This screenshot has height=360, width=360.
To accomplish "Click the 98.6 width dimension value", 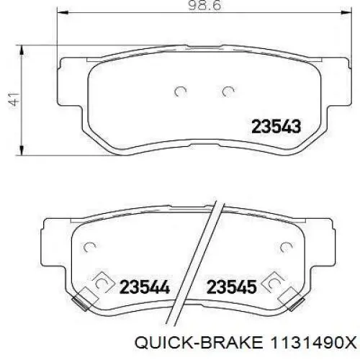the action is click(x=204, y=5).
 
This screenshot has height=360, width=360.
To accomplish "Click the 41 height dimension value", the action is click(x=14, y=99).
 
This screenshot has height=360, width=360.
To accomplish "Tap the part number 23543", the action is click(x=276, y=127).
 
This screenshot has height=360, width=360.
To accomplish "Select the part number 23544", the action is click(x=145, y=287).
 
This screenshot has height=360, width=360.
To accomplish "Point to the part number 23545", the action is click(x=232, y=287).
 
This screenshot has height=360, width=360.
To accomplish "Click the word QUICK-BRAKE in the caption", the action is click(x=199, y=343).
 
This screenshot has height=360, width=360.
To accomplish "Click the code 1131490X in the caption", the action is click(x=313, y=343).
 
